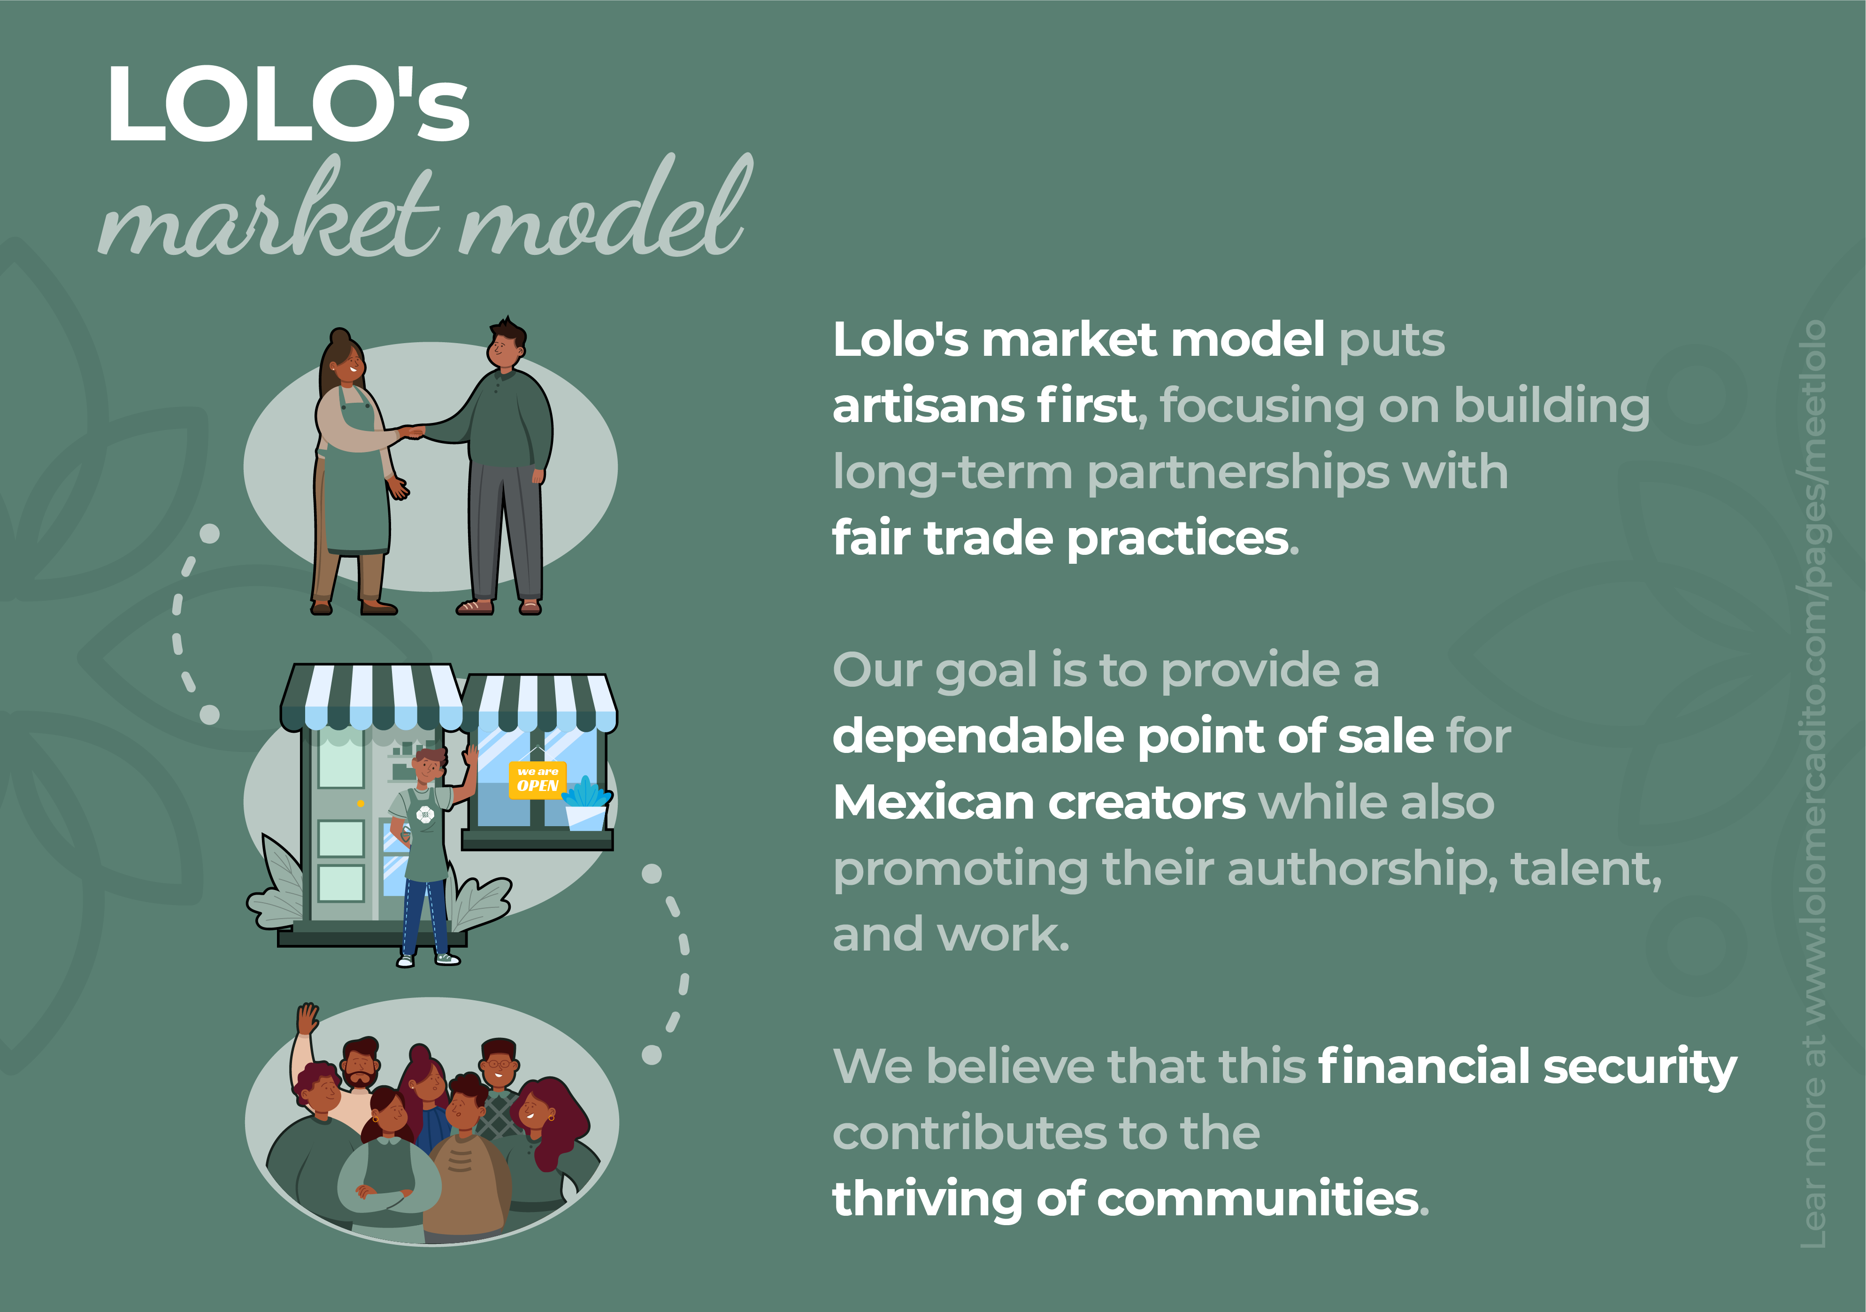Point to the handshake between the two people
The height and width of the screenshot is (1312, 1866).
click(x=412, y=432)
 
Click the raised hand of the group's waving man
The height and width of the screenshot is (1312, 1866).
click(x=307, y=1018)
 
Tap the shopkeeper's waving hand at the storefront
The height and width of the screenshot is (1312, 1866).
click(x=470, y=756)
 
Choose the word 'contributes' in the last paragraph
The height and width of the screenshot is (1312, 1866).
click(x=969, y=1133)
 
